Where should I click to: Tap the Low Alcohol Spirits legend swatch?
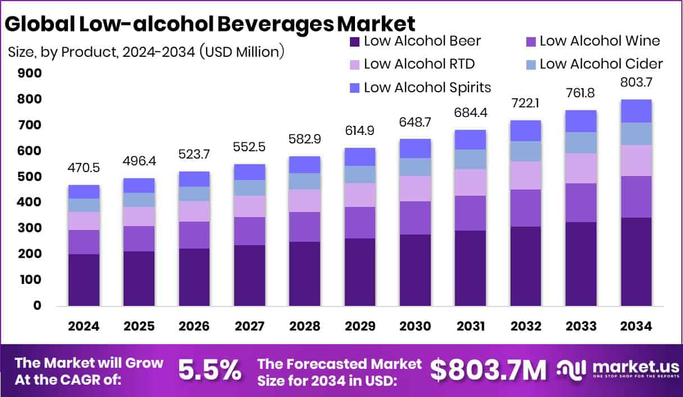click(x=354, y=88)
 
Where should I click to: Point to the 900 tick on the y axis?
click(x=29, y=74)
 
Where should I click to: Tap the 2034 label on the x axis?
click(x=636, y=327)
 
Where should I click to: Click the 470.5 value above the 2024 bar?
click(x=84, y=168)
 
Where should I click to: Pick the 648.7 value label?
click(x=415, y=122)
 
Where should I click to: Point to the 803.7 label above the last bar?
click(x=636, y=82)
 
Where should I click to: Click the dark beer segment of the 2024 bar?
click(x=84, y=279)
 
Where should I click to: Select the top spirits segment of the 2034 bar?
click(x=636, y=111)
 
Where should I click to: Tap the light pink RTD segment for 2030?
click(x=415, y=188)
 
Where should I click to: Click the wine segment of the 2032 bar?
click(x=526, y=208)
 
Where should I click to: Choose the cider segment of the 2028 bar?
click(x=305, y=181)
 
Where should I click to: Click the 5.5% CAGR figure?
click(x=210, y=371)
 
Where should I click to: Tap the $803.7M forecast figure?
click(x=488, y=371)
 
